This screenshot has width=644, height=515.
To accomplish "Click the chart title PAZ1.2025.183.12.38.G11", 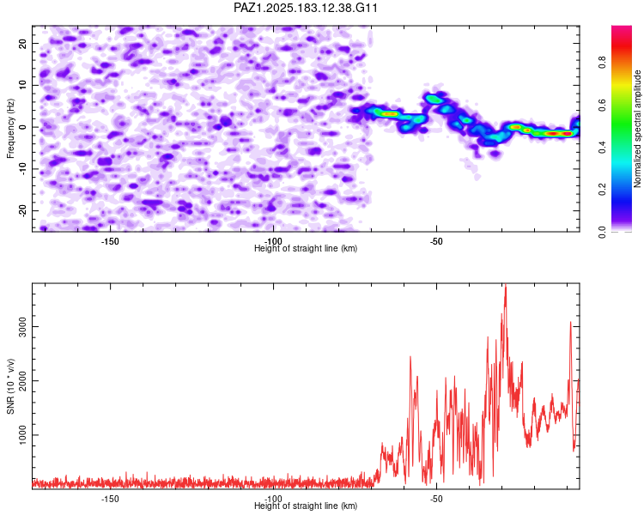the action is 305,8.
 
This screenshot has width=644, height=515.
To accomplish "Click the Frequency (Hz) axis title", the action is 10,129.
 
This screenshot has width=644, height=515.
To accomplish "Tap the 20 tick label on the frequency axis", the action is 22,43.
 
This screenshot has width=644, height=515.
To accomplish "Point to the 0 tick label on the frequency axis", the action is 22,127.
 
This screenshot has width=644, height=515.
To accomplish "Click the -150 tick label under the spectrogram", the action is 110,241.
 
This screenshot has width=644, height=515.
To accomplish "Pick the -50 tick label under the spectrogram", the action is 436,241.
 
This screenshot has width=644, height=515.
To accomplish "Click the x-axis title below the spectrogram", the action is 306,248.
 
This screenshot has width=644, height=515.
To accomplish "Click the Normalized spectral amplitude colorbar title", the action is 637,129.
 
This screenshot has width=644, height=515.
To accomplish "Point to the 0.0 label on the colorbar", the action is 602,232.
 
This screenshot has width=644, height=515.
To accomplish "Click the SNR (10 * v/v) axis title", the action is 10,386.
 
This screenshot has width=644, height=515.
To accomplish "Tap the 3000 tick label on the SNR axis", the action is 22,326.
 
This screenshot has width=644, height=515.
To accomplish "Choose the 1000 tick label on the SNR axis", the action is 22,435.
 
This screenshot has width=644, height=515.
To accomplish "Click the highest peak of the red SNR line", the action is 506,285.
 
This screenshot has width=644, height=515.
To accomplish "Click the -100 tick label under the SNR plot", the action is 273,499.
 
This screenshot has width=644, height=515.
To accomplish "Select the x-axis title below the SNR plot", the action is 306,506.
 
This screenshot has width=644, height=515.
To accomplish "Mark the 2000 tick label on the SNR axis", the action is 22,381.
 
